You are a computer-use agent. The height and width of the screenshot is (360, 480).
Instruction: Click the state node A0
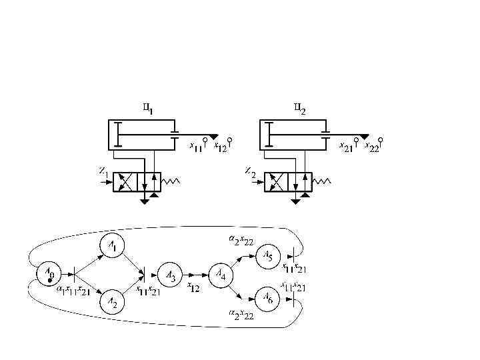click(49, 273)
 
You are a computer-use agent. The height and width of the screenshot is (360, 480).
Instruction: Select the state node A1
click(113, 247)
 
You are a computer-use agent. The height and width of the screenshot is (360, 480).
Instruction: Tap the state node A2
click(113, 303)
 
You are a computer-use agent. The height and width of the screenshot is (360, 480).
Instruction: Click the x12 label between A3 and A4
click(193, 287)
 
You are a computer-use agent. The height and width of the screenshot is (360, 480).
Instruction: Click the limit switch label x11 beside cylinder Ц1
click(197, 146)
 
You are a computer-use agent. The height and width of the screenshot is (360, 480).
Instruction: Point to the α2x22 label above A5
click(241, 241)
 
